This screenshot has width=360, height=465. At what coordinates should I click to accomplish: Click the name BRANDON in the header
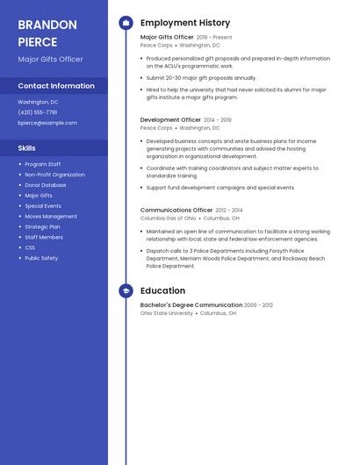click(47, 25)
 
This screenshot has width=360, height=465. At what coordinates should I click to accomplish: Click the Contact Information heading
click(56, 86)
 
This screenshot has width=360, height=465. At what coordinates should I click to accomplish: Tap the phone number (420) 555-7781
click(38, 112)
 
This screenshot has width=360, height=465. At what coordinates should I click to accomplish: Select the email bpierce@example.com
click(47, 123)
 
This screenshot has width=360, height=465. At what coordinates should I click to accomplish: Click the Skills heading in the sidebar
click(27, 148)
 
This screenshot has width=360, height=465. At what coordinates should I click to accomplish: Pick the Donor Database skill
click(45, 185)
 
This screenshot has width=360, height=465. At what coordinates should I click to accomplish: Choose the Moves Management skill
click(51, 216)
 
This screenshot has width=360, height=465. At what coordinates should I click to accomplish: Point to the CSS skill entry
click(30, 247)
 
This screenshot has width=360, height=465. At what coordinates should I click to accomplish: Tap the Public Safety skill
click(41, 258)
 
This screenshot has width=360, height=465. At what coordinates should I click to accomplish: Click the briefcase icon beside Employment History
click(126, 23)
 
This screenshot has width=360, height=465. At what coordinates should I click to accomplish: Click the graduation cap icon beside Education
click(126, 290)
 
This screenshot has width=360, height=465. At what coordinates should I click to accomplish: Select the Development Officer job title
click(170, 119)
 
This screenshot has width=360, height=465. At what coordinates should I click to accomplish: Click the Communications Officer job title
click(176, 211)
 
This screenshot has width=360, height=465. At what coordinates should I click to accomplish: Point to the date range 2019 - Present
click(214, 38)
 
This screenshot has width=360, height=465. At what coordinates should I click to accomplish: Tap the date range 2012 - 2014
click(229, 211)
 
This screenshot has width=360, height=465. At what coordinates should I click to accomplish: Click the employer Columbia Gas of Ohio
click(168, 218)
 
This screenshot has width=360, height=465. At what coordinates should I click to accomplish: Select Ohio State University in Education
click(166, 313)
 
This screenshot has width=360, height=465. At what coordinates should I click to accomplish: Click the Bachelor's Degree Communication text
click(191, 305)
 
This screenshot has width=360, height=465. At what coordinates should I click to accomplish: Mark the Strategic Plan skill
click(43, 226)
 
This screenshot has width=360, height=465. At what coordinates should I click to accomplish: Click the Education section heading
click(162, 290)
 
